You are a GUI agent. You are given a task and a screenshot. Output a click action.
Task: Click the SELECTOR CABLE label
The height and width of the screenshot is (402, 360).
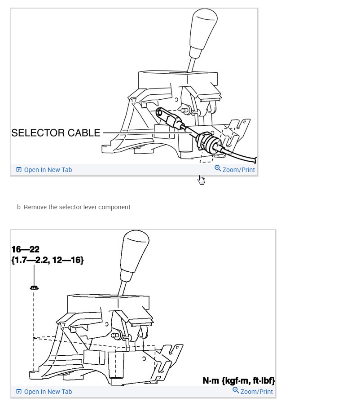click(56, 133)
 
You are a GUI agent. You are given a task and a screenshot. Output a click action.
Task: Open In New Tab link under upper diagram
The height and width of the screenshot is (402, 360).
click(48, 170)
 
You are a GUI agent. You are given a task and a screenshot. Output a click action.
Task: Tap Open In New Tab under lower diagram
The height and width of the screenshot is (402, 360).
click(48, 392)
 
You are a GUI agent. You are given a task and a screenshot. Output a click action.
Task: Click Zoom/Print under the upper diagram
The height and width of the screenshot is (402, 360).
click(238, 170)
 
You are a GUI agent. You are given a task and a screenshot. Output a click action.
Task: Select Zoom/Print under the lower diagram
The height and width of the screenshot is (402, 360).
click(256, 392)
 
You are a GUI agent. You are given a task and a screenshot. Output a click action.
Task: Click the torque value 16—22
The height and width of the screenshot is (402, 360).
click(26, 250)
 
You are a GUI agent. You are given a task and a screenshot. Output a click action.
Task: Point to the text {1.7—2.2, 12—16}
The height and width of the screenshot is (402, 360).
click(48, 260)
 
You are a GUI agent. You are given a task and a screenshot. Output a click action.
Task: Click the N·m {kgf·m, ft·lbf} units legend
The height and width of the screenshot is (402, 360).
click(238, 381)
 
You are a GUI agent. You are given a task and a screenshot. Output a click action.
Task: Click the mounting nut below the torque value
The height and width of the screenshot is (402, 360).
click(34, 287)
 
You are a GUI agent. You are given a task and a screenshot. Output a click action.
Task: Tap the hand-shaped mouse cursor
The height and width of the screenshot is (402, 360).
click(202, 180)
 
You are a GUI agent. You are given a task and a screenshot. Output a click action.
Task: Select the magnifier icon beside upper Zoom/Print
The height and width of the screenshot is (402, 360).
click(218, 168)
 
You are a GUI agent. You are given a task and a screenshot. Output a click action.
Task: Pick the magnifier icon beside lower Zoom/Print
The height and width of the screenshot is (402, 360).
click(236, 390)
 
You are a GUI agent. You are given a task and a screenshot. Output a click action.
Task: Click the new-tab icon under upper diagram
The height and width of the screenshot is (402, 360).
click(19, 170)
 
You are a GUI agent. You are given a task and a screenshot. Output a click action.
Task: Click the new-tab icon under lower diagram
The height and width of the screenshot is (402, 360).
click(19, 392)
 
